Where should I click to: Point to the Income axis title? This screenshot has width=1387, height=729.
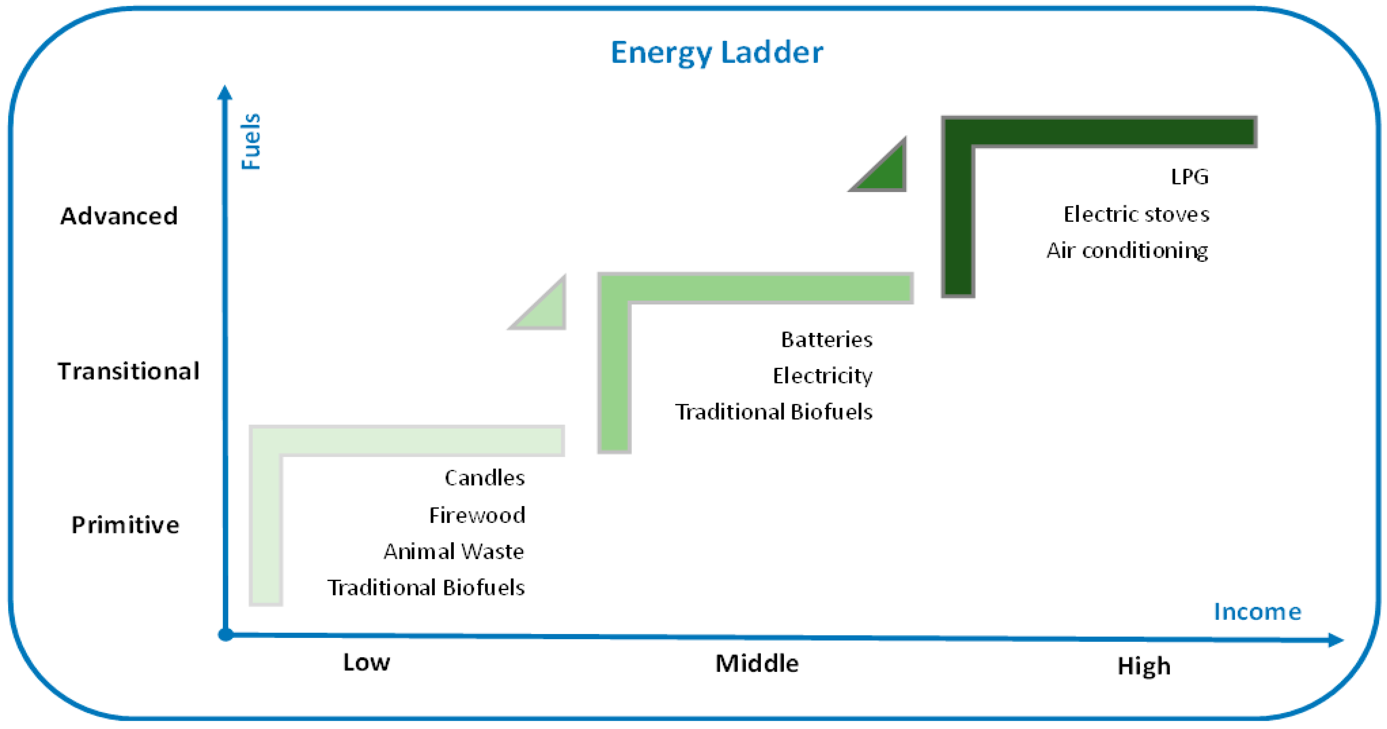click(x=1257, y=612)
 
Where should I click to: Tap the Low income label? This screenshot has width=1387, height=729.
click(x=367, y=662)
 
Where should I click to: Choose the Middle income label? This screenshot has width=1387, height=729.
click(x=757, y=663)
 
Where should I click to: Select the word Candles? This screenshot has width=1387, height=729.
click(x=484, y=478)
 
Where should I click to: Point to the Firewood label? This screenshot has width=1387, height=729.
click(x=477, y=515)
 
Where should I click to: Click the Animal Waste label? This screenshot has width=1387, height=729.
click(x=453, y=552)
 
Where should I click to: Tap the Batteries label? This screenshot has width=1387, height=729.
click(x=827, y=339)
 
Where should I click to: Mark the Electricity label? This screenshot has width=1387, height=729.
click(x=822, y=375)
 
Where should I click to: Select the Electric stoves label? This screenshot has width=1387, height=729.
click(x=1136, y=214)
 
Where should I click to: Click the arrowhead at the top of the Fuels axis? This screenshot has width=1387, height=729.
click(x=225, y=93)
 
